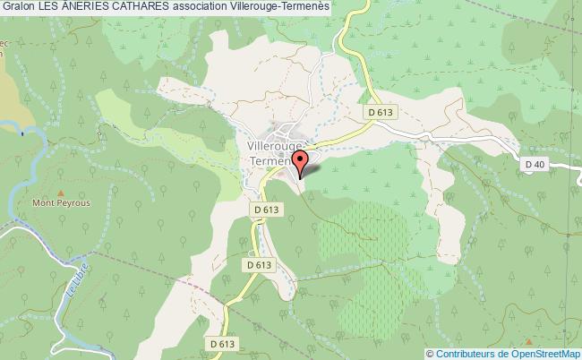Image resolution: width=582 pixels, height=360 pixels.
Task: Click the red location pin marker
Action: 300,162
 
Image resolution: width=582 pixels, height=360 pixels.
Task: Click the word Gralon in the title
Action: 18,7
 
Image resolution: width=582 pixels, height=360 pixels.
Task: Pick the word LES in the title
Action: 49,7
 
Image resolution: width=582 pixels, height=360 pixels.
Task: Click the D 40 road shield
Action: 535,164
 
